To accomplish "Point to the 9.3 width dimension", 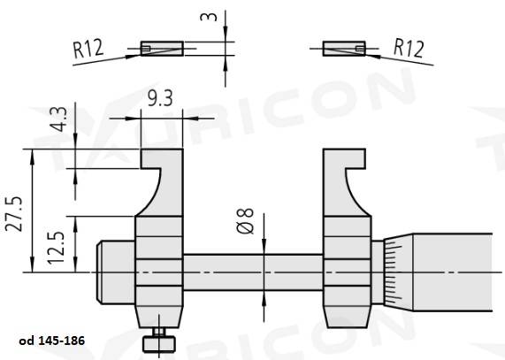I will click(161, 99).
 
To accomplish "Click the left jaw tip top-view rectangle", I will click(161, 48).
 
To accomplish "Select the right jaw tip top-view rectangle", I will click(343, 48).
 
